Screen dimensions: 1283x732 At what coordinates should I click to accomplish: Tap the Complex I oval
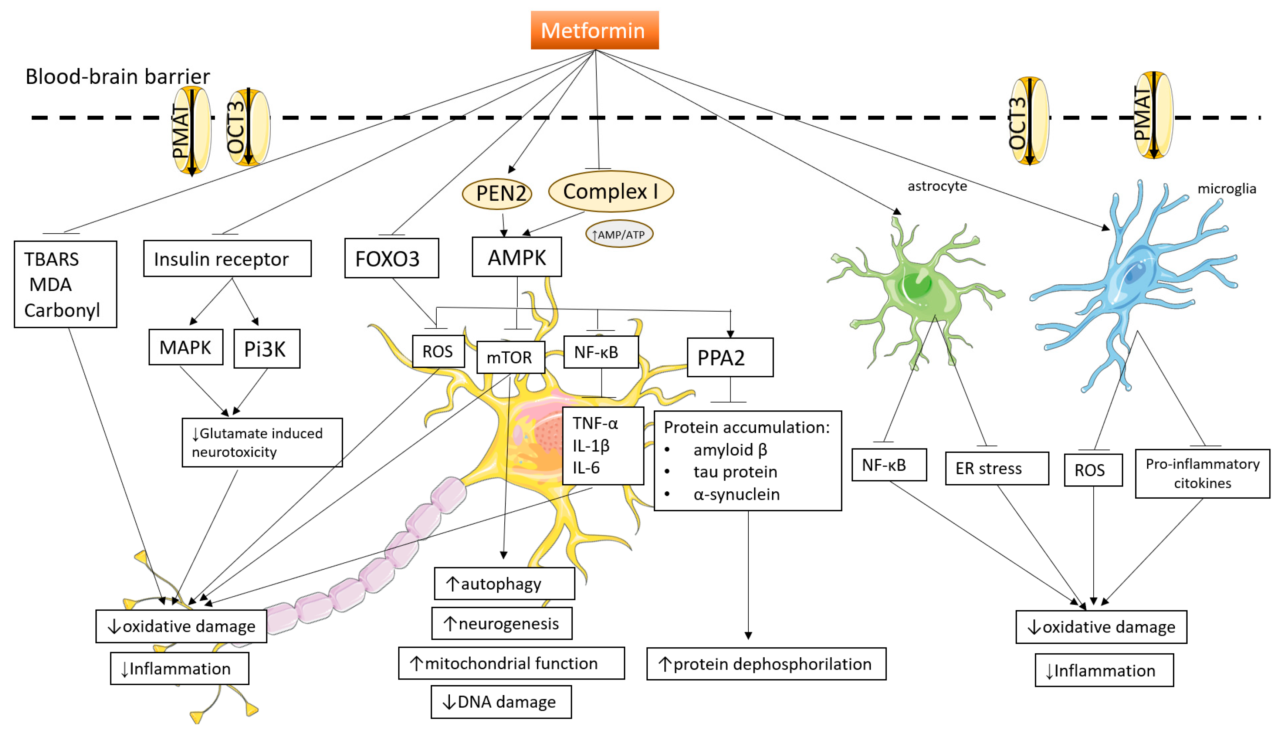[611, 192]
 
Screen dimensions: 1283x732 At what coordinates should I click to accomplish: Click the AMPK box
[517, 257]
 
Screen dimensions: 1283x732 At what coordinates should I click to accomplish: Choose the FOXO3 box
[392, 258]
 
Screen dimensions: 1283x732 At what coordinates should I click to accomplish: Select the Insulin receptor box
[227, 258]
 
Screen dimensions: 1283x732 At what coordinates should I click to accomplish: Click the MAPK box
[186, 347]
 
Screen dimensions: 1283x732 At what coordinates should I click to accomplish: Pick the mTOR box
[510, 357]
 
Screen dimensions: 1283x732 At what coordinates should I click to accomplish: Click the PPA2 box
[730, 357]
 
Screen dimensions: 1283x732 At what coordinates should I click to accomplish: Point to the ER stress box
[997, 468]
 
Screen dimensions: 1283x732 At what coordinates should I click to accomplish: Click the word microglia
[1227, 189]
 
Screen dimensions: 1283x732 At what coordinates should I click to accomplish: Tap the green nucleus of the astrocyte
[917, 285]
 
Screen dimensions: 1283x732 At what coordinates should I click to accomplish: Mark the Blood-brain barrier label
[118, 77]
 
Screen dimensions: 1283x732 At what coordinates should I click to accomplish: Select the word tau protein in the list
[735, 472]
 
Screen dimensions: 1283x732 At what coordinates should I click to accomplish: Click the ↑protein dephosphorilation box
[766, 664]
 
